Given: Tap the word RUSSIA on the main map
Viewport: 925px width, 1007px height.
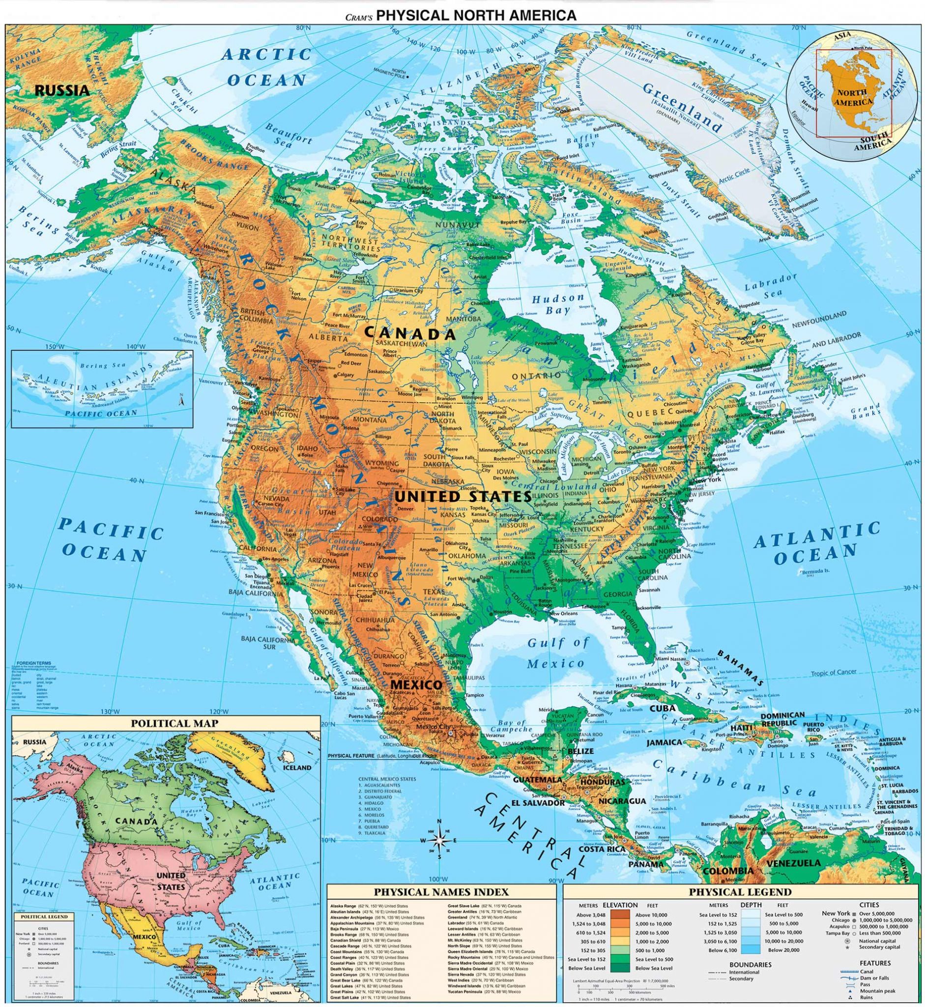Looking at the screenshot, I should tap(62, 90).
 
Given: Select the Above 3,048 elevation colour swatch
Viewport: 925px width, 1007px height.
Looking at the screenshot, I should tap(621, 915).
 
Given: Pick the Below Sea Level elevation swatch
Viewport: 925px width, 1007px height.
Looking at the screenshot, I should tap(621, 968).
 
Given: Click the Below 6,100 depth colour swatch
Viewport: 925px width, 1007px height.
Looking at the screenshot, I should tap(751, 950).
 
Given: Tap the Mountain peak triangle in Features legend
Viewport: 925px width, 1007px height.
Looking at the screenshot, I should tap(850, 991).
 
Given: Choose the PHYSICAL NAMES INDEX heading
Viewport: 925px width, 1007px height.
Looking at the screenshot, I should tap(441, 892).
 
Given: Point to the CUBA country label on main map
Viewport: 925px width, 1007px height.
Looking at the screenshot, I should tap(663, 709).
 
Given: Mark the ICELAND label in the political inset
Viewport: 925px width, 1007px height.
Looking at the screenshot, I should tap(297, 767).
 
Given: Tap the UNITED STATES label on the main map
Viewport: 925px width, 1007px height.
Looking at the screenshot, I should tap(462, 496).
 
